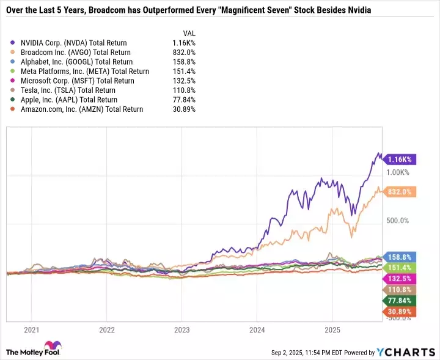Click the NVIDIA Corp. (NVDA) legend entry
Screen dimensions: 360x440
73,43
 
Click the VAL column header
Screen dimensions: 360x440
189,33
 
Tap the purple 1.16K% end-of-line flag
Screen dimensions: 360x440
400,160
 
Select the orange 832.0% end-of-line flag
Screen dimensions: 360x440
400,192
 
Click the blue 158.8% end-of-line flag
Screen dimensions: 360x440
400,257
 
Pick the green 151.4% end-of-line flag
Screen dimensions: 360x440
400,268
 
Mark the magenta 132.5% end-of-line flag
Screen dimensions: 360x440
400,279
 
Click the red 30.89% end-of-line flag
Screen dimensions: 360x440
400,312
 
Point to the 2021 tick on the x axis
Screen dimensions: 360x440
31,330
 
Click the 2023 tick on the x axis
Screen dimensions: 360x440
182,330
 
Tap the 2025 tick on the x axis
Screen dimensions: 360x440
332,330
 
